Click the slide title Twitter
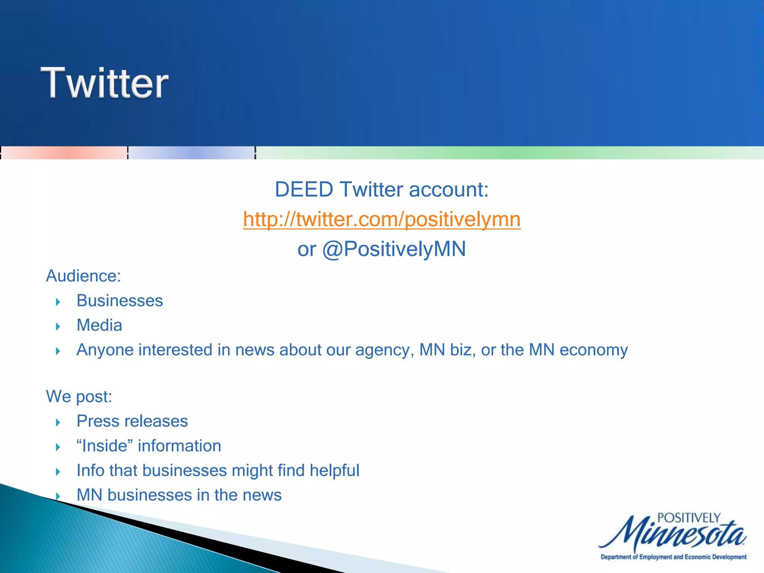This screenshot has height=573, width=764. pyautogui.click(x=104, y=83)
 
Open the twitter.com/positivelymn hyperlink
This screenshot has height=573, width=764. pyautogui.click(x=382, y=219)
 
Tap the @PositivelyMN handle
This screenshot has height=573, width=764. pyautogui.click(x=394, y=249)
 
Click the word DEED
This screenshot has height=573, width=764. pyautogui.click(x=304, y=190)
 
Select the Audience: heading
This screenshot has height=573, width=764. pyautogui.click(x=83, y=276)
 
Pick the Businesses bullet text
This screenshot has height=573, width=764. pyautogui.click(x=120, y=301)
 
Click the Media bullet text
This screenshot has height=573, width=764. pyautogui.click(x=99, y=325)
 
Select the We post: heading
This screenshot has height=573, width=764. pyautogui.click(x=79, y=397)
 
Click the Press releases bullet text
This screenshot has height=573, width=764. pyautogui.click(x=132, y=421)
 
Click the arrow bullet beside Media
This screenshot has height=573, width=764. pyautogui.click(x=58, y=327)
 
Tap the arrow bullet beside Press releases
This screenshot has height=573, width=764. pyautogui.click(x=58, y=423)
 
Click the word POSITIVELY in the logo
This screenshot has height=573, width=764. pyautogui.click(x=689, y=518)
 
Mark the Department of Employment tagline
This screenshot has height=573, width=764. pyautogui.click(x=673, y=557)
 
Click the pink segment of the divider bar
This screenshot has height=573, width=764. pyautogui.click(x=64, y=153)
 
